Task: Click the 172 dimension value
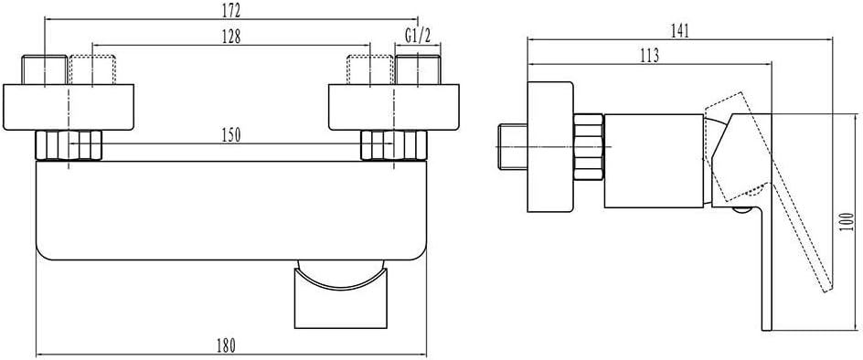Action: coord(230,10)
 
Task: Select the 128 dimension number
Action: coord(230,37)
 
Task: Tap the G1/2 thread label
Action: coord(417,37)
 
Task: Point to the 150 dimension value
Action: coord(230,136)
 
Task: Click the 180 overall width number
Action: coord(225,345)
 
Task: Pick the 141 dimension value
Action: coord(680,30)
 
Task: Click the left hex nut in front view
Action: coord(69,146)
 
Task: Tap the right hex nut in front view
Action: coord(394,146)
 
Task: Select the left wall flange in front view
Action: coord(69,107)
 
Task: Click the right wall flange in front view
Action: coord(393,107)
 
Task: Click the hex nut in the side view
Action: coord(589,146)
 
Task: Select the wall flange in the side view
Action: coord(551,147)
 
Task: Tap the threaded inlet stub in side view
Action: coord(512,147)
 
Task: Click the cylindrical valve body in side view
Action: coord(654,161)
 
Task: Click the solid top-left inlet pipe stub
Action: coord(44,69)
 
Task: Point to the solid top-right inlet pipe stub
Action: coord(419,69)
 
